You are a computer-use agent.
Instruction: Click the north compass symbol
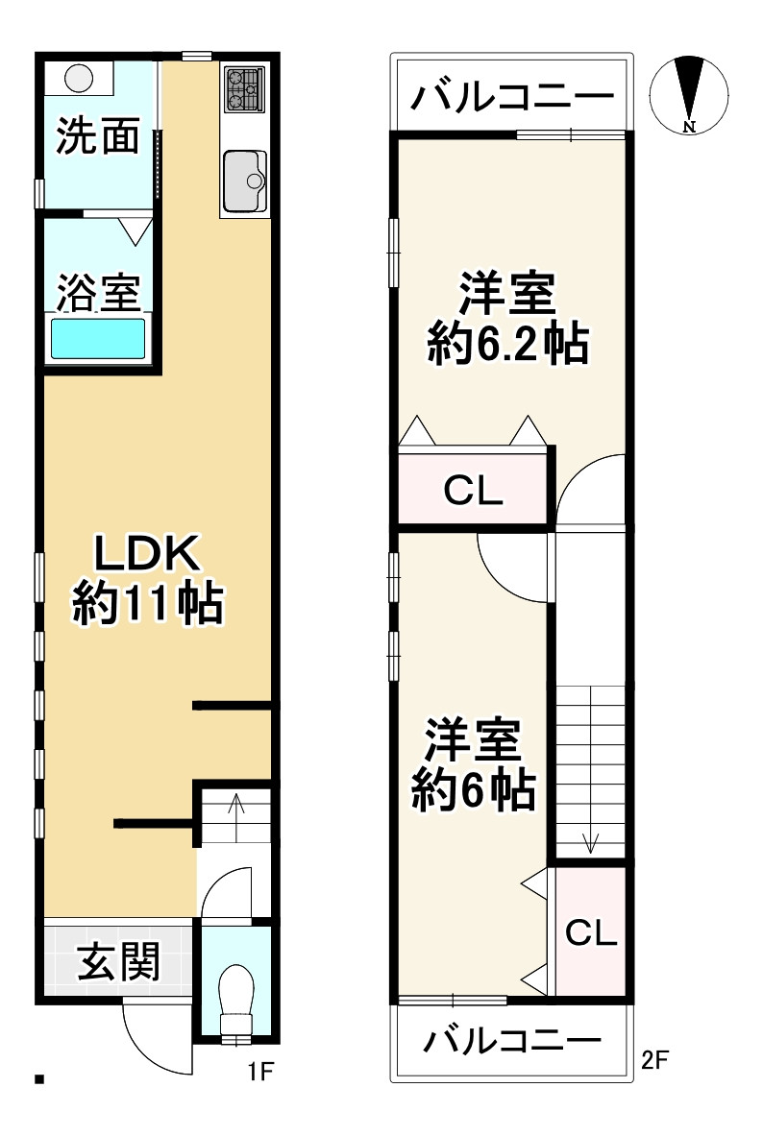coord(688,94)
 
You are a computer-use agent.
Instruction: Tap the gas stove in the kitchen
coord(244,88)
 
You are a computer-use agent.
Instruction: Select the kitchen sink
coord(245,180)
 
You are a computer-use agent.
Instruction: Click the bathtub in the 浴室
coord(97,339)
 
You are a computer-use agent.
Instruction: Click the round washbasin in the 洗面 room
coord(79,76)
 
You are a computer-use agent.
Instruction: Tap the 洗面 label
coord(97,137)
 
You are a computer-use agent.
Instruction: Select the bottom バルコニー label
coord(513,1041)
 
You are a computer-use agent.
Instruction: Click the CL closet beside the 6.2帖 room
coord(473,492)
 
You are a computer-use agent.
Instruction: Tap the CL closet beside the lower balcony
coord(590,931)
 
